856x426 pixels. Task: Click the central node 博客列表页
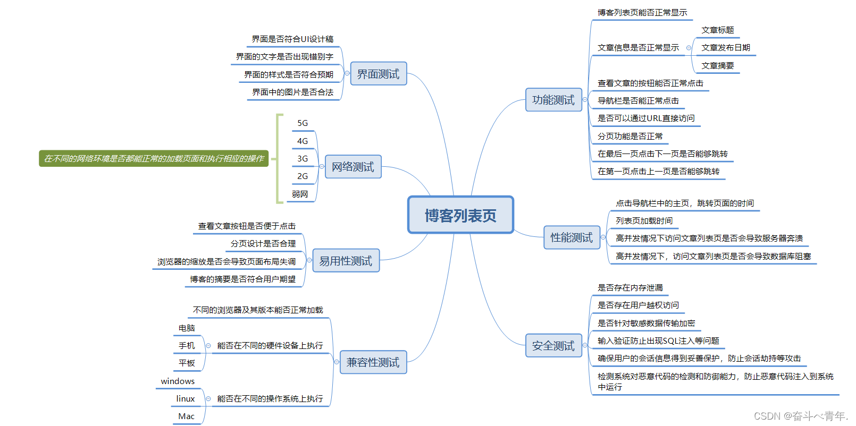point(460,215)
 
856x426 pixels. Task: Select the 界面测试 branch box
point(378,74)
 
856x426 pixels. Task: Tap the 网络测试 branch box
point(353,167)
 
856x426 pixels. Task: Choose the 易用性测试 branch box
point(346,261)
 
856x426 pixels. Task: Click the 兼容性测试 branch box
point(373,362)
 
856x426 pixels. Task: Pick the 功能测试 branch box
point(553,100)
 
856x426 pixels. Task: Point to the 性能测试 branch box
point(571,237)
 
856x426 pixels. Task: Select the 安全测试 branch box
point(553,346)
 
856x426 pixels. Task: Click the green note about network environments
point(154,158)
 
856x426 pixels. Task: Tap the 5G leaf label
point(303,123)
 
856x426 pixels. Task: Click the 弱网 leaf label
point(300,194)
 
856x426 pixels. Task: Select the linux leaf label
point(186,399)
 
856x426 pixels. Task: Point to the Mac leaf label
point(186,416)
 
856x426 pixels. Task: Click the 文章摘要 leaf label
point(717,66)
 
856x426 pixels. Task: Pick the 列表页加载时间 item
point(644,221)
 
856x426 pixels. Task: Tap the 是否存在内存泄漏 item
point(630,288)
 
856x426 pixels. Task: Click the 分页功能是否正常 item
point(630,137)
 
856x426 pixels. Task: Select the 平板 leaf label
point(187,363)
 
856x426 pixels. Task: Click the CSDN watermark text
point(800,416)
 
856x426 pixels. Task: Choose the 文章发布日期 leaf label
point(725,48)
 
